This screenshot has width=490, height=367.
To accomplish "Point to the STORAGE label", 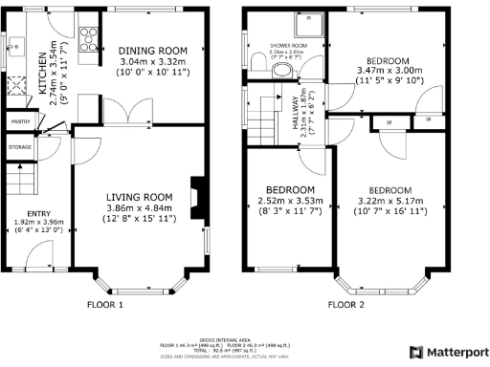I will coord(20,147).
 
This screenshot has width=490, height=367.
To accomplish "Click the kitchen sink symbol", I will coord(16,42).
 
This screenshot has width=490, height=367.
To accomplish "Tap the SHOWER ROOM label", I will coord(288,45).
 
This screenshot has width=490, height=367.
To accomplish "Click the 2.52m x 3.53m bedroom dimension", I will coord(290,201).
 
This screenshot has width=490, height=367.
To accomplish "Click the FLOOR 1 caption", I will coord(106,305).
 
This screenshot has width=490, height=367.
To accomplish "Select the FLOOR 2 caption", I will coord(345,305).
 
